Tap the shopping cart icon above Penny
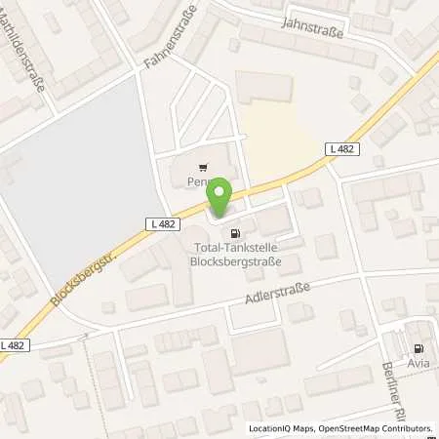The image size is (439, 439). (x=203, y=167)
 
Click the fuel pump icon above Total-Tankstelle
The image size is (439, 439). (x=233, y=233)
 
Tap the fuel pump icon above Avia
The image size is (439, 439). (x=419, y=349)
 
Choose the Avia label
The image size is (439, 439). (x=419, y=364)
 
